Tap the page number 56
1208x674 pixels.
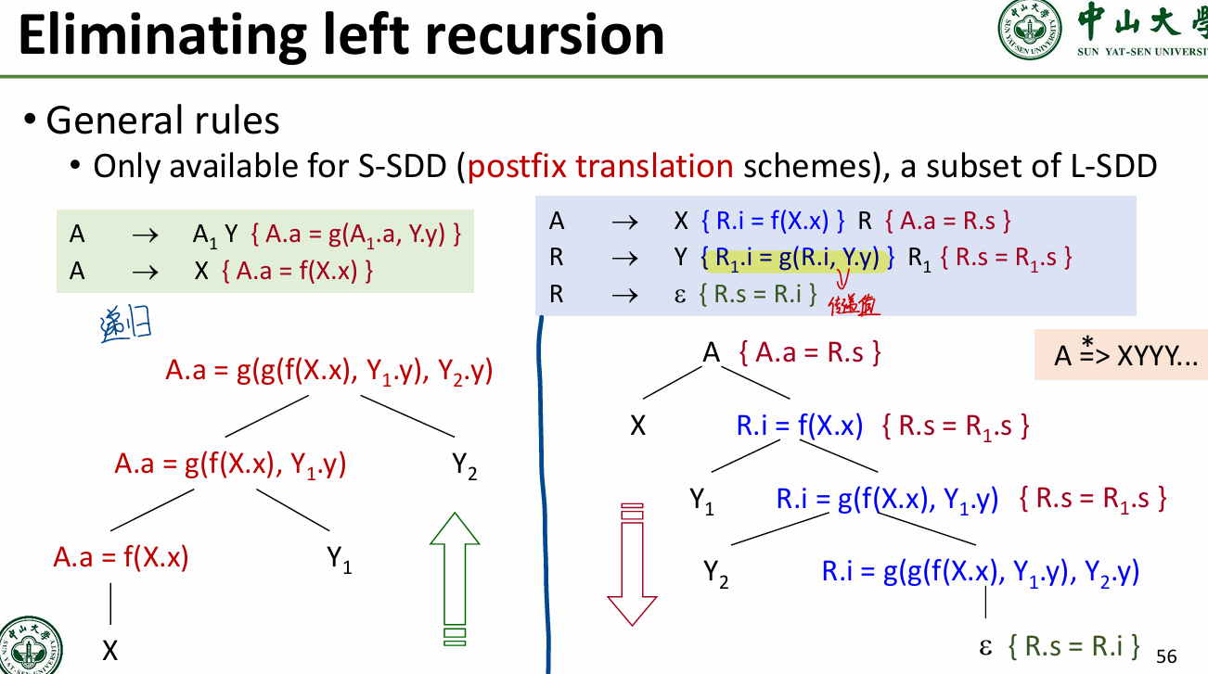point(1166,656)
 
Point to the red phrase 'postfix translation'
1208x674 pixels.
point(601,167)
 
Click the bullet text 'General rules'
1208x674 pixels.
point(162,121)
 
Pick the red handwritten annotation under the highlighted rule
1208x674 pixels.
point(854,302)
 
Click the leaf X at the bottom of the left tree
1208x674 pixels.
point(110,651)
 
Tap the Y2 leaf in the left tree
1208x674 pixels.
point(465,465)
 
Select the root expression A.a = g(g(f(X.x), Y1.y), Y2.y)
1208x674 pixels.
point(328,372)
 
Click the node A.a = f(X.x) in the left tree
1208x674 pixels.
point(121,557)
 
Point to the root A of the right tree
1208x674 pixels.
point(711,352)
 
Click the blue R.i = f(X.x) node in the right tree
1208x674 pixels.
point(799,426)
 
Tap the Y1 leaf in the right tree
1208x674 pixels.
point(701,502)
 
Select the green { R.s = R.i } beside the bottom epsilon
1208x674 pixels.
point(1073,645)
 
